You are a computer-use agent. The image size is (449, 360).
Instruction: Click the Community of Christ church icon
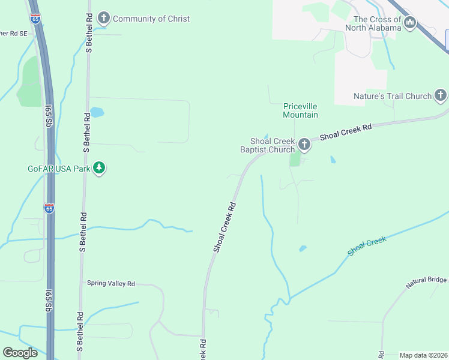click(104, 18)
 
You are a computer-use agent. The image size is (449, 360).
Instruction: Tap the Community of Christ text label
click(151, 19)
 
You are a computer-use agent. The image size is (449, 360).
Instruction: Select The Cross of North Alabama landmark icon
click(411, 23)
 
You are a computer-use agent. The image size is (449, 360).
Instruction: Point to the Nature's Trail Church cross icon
click(441, 95)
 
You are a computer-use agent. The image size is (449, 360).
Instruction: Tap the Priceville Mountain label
click(300, 110)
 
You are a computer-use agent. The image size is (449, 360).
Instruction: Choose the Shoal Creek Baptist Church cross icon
click(304, 144)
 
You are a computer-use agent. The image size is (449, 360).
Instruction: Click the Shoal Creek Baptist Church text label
click(268, 145)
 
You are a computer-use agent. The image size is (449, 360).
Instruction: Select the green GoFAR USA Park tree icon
click(100, 169)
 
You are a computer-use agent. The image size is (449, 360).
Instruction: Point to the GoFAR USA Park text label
click(58, 169)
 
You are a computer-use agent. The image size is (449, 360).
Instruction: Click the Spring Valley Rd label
click(111, 283)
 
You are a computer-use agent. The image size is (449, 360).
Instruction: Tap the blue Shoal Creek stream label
click(367, 247)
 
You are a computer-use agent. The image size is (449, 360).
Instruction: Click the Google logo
click(20, 353)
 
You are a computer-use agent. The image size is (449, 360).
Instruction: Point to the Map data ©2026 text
click(423, 355)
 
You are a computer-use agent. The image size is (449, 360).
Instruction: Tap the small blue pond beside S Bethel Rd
click(97, 112)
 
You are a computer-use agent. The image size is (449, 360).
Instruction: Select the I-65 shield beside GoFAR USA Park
click(49, 208)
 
